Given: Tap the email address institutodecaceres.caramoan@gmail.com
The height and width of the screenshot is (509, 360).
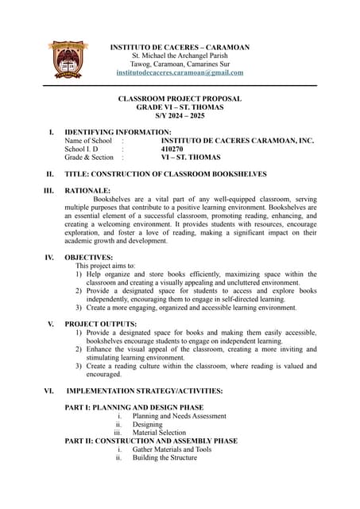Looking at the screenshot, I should [180, 72].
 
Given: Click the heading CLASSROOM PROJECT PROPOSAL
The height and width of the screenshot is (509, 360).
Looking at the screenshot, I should [180, 99].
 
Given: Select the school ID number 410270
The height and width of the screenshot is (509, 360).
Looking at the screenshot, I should [172, 149].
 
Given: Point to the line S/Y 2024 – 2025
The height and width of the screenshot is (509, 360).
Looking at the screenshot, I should [180, 116].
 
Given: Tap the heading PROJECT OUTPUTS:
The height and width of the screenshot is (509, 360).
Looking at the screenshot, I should [101, 324].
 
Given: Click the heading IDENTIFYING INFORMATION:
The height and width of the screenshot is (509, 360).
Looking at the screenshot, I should [118, 132].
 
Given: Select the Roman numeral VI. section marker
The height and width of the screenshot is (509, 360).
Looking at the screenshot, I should [49, 391].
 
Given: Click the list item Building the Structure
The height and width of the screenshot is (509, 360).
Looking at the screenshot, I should [165, 457].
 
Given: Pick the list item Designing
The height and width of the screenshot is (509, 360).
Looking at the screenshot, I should [147, 425].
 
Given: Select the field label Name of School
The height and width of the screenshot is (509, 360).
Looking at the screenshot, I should [88, 141].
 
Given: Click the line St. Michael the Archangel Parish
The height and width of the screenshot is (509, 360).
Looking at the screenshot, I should [180, 56].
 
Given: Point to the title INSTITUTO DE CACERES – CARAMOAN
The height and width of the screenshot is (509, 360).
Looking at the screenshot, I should [180, 47].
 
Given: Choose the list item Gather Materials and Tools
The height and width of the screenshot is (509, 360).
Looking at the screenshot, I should [172, 449].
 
